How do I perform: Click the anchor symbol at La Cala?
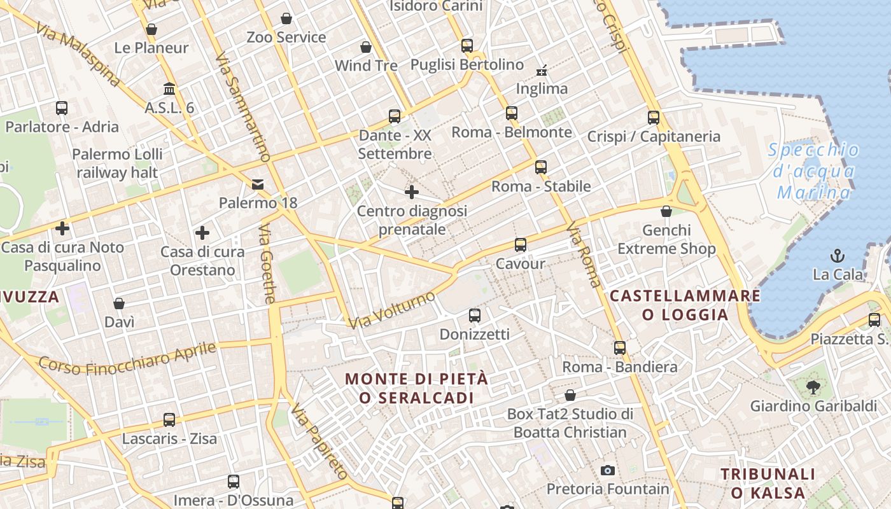click(838, 256)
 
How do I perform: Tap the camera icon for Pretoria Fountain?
click(608, 470)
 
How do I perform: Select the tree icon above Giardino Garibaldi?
click(813, 386)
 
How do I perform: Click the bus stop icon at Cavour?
click(521, 244)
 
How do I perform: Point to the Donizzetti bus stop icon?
click(475, 315)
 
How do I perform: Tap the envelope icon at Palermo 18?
click(258, 185)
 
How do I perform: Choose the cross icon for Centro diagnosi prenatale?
click(412, 192)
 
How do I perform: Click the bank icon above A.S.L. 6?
click(169, 88)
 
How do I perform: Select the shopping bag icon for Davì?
click(119, 303)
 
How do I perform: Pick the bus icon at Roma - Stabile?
click(541, 167)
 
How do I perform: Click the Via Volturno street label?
click(391, 310)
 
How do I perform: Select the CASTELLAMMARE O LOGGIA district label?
click(685, 305)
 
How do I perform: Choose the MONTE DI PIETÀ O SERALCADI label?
click(416, 388)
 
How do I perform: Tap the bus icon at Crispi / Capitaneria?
click(654, 117)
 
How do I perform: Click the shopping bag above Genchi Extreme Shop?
click(666, 211)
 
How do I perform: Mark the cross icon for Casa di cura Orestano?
click(202, 233)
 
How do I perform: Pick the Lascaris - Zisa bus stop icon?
click(169, 420)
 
